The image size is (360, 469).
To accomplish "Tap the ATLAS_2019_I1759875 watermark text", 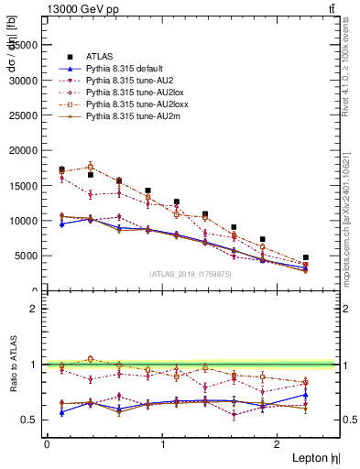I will coord(190,274).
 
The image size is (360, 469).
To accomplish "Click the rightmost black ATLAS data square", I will coord(306,257).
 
